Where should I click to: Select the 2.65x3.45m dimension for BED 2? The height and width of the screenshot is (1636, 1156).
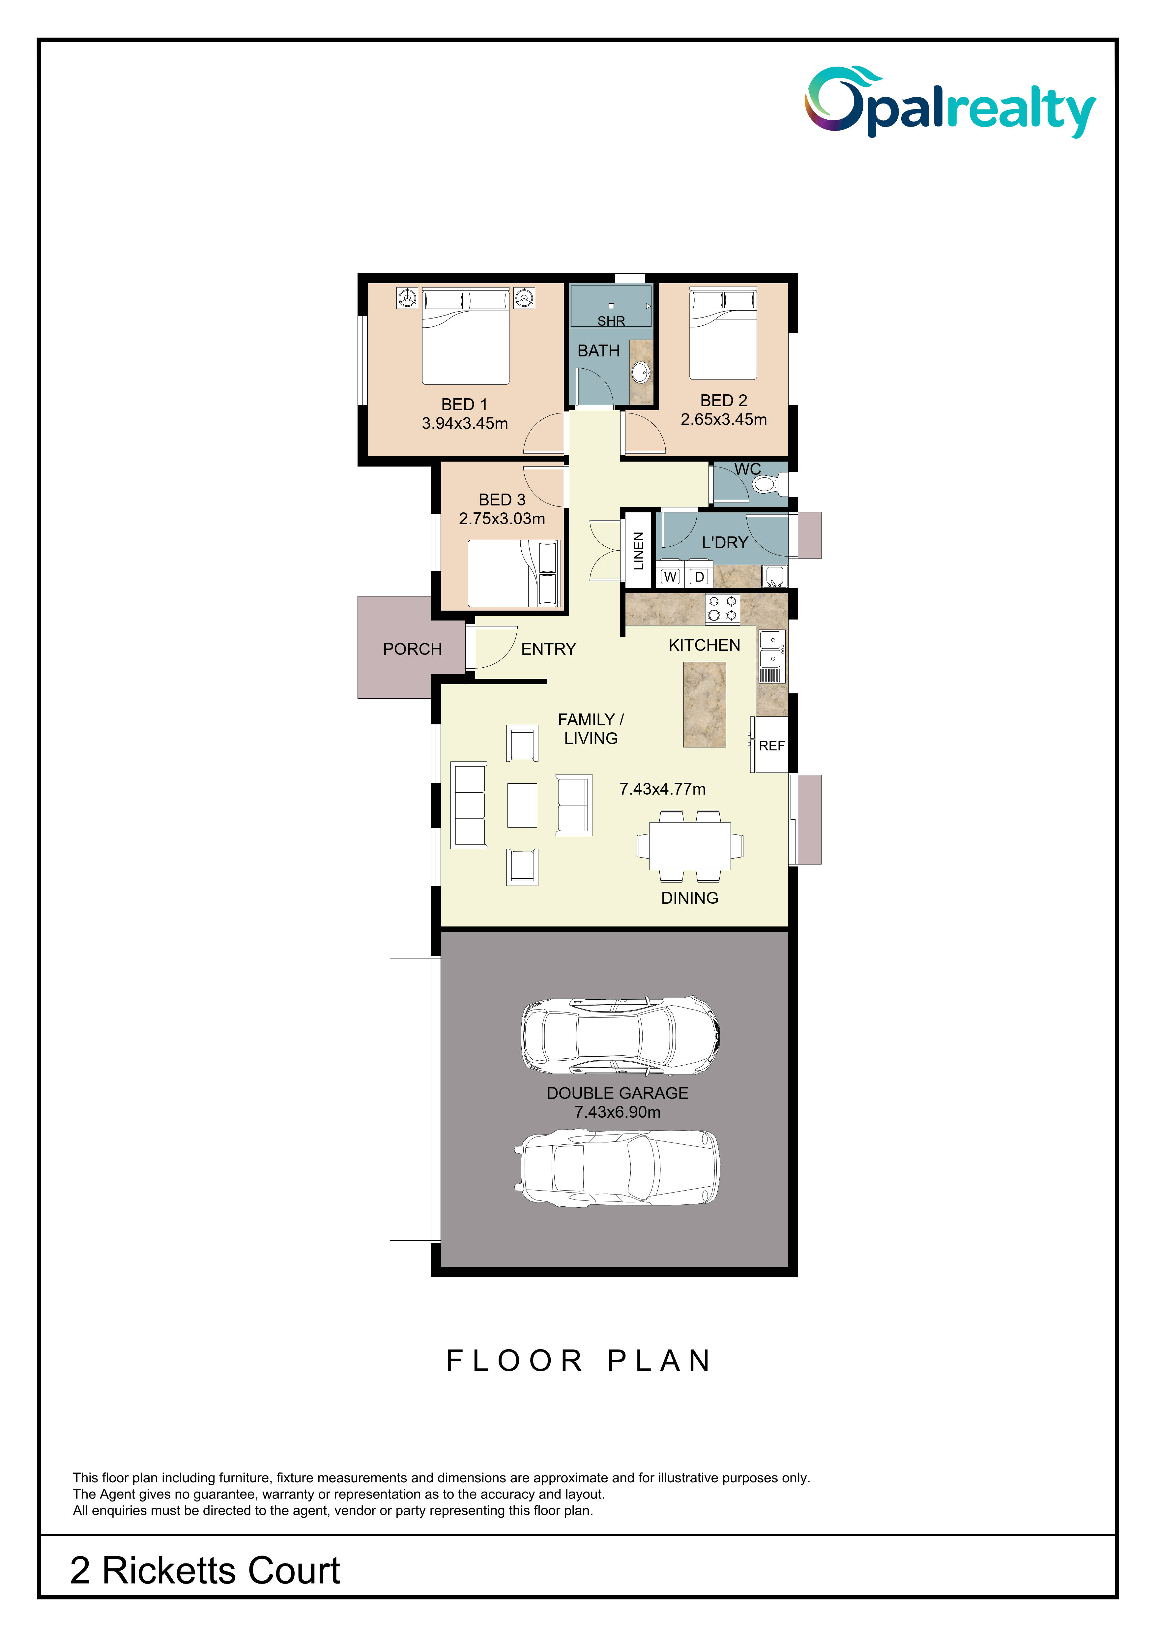724,420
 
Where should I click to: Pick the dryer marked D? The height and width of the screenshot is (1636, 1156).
700,576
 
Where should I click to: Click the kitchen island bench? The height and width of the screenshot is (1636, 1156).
705,704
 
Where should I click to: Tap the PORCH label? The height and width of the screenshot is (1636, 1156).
412,649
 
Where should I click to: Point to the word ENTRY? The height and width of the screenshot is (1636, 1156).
548,649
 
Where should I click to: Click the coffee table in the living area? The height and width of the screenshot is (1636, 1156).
522,805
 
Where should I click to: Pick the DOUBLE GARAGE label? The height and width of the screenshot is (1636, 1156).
618,1093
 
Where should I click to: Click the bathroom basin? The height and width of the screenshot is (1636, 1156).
641,371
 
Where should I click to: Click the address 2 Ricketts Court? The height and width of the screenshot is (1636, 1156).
205,1570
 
